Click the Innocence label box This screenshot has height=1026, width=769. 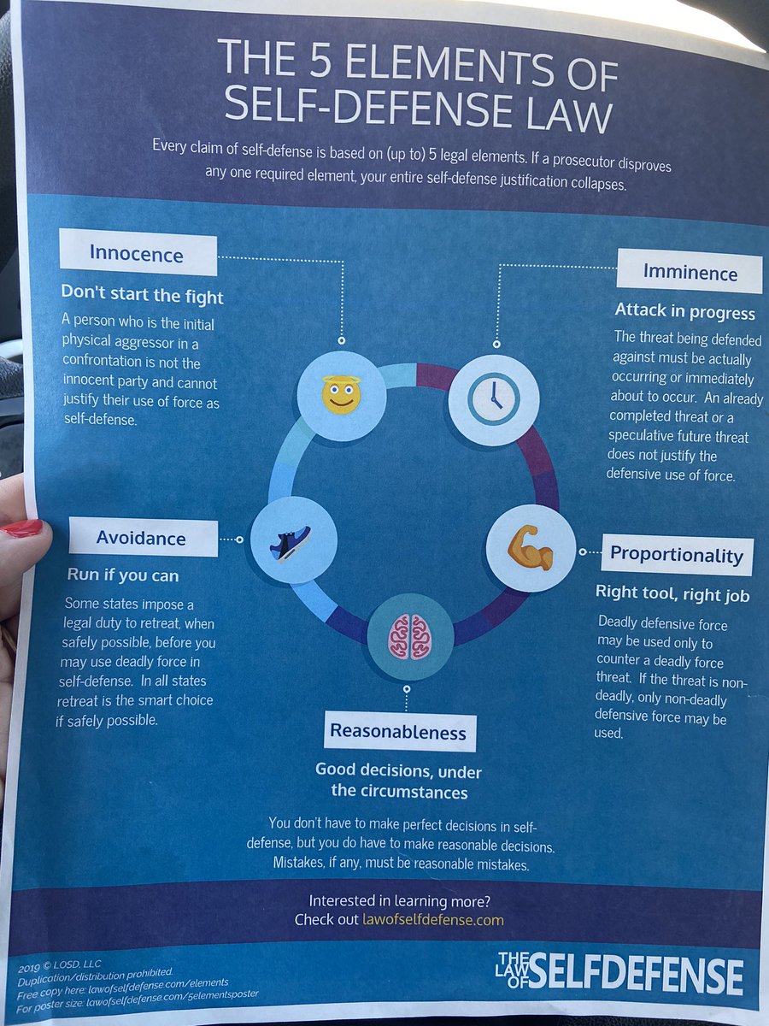pyautogui.click(x=137, y=253)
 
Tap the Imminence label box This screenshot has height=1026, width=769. pyautogui.click(x=689, y=273)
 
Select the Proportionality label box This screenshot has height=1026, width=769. pyautogui.click(x=677, y=556)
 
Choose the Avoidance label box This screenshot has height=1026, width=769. pyautogui.click(x=142, y=538)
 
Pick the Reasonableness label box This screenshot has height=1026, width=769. pyautogui.click(x=398, y=732)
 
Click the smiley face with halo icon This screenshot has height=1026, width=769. pyautogui.click(x=340, y=396)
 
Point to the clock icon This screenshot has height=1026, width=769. pyautogui.click(x=493, y=398)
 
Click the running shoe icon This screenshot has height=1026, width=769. pyautogui.click(x=291, y=544)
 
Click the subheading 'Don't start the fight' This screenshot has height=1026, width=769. pyautogui.click(x=142, y=297)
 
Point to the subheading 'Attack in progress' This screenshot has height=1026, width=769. pyautogui.click(x=685, y=312)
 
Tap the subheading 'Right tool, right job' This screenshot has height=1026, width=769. pyautogui.click(x=672, y=594)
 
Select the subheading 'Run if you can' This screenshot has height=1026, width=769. pyautogui.click(x=123, y=575)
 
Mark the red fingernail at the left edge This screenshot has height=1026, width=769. pyautogui.click(x=21, y=528)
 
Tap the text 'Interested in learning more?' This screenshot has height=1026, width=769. pyautogui.click(x=399, y=900)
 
